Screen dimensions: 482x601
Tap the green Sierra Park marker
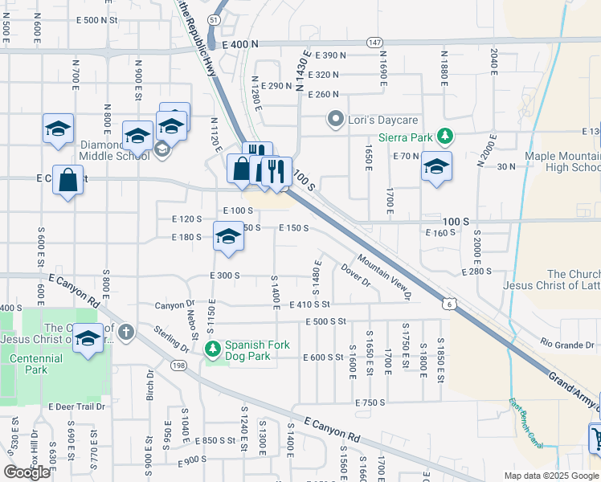click(442, 137)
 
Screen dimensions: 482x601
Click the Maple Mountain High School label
click(562, 161)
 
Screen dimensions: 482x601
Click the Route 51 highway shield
click(213, 18)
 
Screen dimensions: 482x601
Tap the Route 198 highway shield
click(178, 366)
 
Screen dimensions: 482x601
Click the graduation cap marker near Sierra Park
click(436, 166)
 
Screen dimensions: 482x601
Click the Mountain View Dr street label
click(384, 277)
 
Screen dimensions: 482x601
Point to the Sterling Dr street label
click(172, 338)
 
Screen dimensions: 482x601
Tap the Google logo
click(27, 472)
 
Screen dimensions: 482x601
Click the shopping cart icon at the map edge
click(596, 439)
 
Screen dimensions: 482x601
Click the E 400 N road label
click(241, 47)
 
